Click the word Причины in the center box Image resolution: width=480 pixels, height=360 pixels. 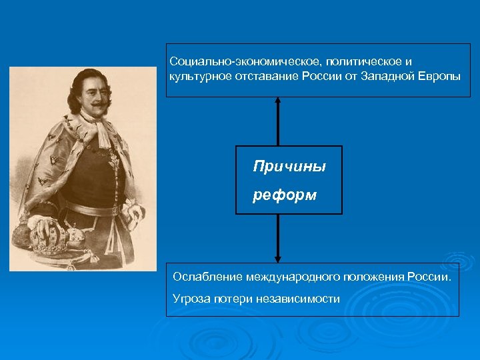click(289, 167)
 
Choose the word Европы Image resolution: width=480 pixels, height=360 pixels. click(439, 76)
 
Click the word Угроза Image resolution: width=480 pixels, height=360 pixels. click(191, 299)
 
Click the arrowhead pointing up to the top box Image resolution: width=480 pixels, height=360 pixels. click(278, 102)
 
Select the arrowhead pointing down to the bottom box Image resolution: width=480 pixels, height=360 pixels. click(278, 258)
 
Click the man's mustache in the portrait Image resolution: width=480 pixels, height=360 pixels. click(95, 104)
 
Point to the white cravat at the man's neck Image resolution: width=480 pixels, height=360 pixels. click(103, 130)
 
